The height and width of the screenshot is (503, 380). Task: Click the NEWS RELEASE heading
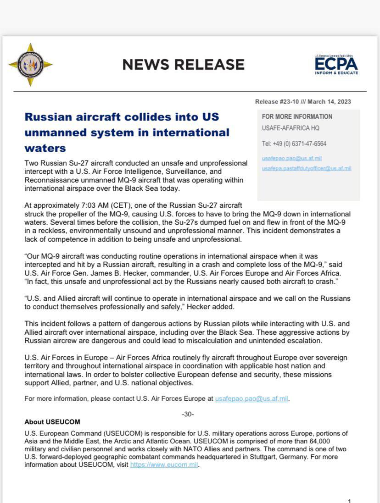183,65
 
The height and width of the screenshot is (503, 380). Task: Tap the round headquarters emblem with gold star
30,65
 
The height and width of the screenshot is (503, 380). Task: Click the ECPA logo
336,65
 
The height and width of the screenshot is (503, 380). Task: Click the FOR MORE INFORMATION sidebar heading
297,116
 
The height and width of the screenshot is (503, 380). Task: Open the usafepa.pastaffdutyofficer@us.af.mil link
307,168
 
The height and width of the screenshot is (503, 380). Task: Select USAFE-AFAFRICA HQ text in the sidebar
291,128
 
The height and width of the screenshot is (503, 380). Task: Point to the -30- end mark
188,414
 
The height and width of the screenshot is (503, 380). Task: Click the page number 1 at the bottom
349,501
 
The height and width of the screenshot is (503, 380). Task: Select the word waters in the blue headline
45,148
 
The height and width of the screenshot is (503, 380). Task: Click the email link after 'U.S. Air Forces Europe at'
251,398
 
